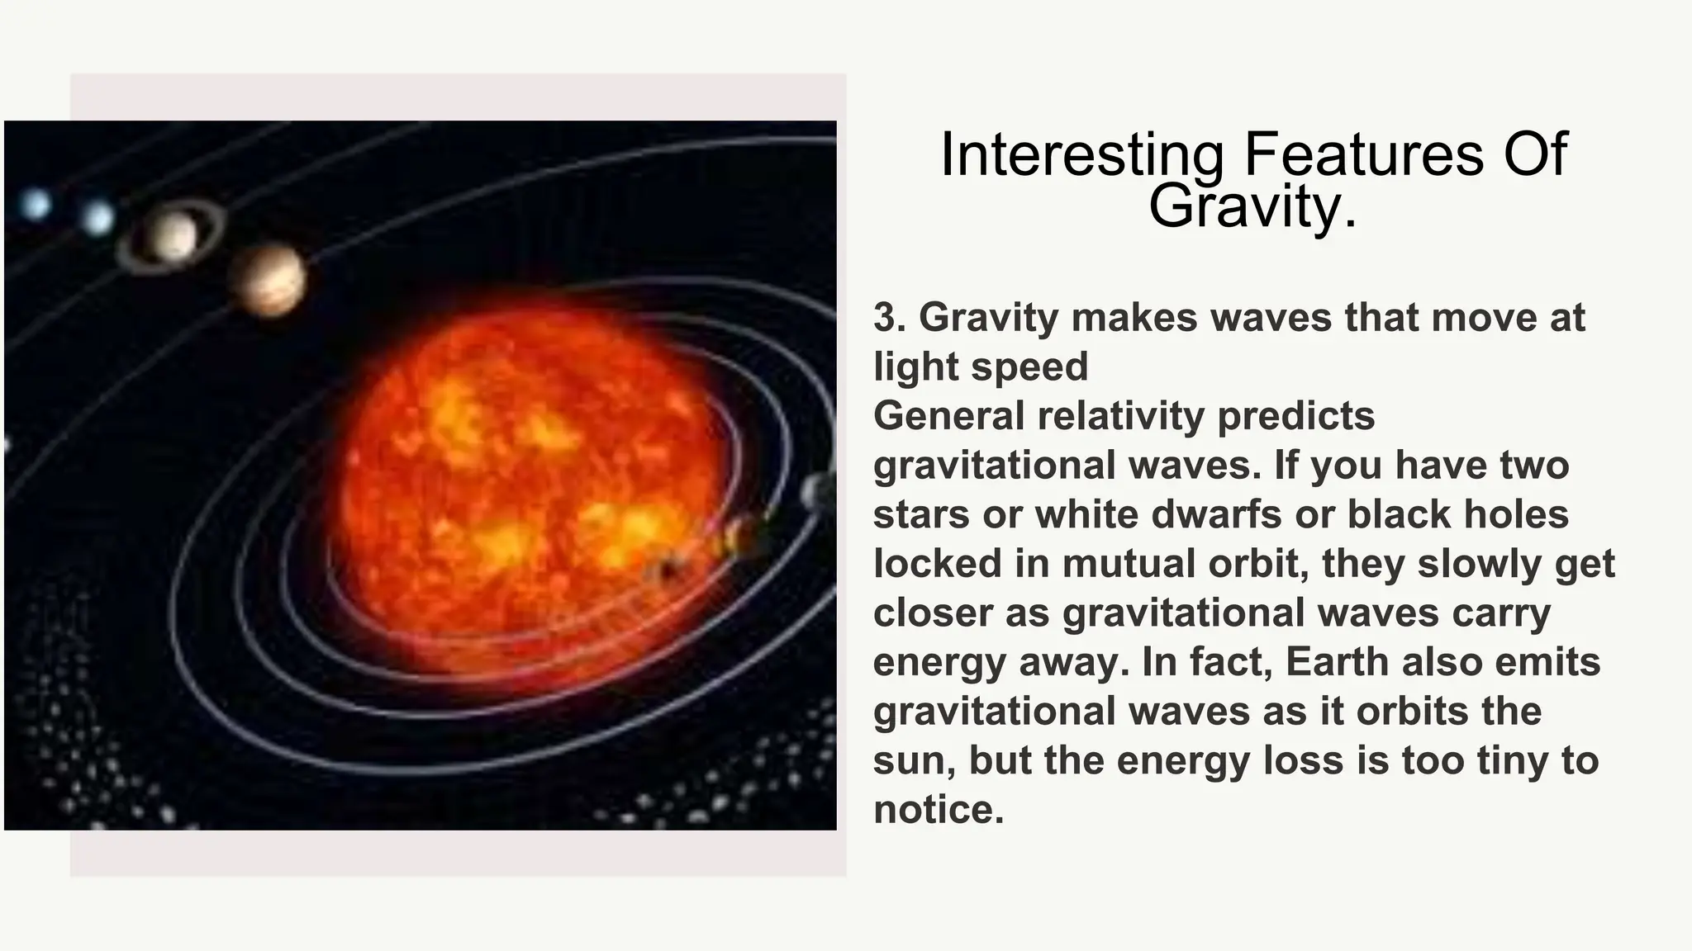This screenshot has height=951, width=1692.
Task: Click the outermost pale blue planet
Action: pos(36,204)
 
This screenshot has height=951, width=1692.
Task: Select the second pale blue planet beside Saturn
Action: pos(97,218)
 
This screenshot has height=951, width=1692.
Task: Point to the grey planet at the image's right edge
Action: pos(818,492)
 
